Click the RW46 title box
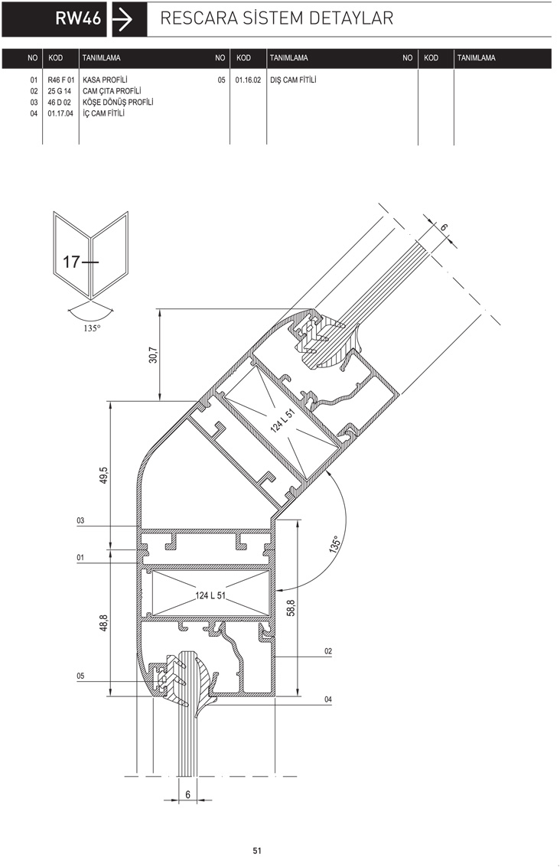(54, 19)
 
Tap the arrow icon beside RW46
(122, 19)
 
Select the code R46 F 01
(60, 80)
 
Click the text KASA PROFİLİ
(105, 80)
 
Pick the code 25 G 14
(59, 91)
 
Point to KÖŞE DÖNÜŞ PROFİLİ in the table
(118, 103)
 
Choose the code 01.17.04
(60, 114)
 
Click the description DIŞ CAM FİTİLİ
(293, 80)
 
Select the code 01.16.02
(248, 80)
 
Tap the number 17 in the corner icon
(72, 261)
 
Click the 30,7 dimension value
(153, 355)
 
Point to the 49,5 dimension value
(104, 476)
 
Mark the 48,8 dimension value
(104, 623)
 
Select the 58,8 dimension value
(291, 608)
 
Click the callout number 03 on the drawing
(81, 521)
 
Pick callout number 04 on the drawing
(328, 700)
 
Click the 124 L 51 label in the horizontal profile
(210, 595)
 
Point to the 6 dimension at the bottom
(188, 794)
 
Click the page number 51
(257, 851)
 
